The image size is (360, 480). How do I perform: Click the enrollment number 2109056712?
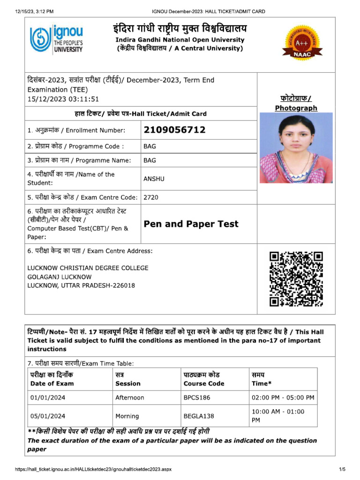(174, 130)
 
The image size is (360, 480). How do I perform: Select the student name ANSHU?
(154, 179)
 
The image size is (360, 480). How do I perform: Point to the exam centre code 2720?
(151, 197)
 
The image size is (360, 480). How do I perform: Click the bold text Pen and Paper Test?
(191, 224)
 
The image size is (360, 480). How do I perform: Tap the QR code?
(296, 279)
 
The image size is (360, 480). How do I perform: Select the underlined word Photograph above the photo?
(296, 108)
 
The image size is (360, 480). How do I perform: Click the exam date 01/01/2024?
(48, 397)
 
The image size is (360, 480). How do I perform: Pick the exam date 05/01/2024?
(48, 416)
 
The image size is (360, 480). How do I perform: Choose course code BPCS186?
(197, 397)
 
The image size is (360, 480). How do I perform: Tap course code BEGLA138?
(199, 416)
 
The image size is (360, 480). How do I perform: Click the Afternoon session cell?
(130, 397)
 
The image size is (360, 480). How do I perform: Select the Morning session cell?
(127, 416)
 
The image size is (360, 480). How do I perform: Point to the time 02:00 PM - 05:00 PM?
(283, 397)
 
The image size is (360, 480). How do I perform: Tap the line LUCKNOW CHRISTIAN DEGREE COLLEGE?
(88, 268)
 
